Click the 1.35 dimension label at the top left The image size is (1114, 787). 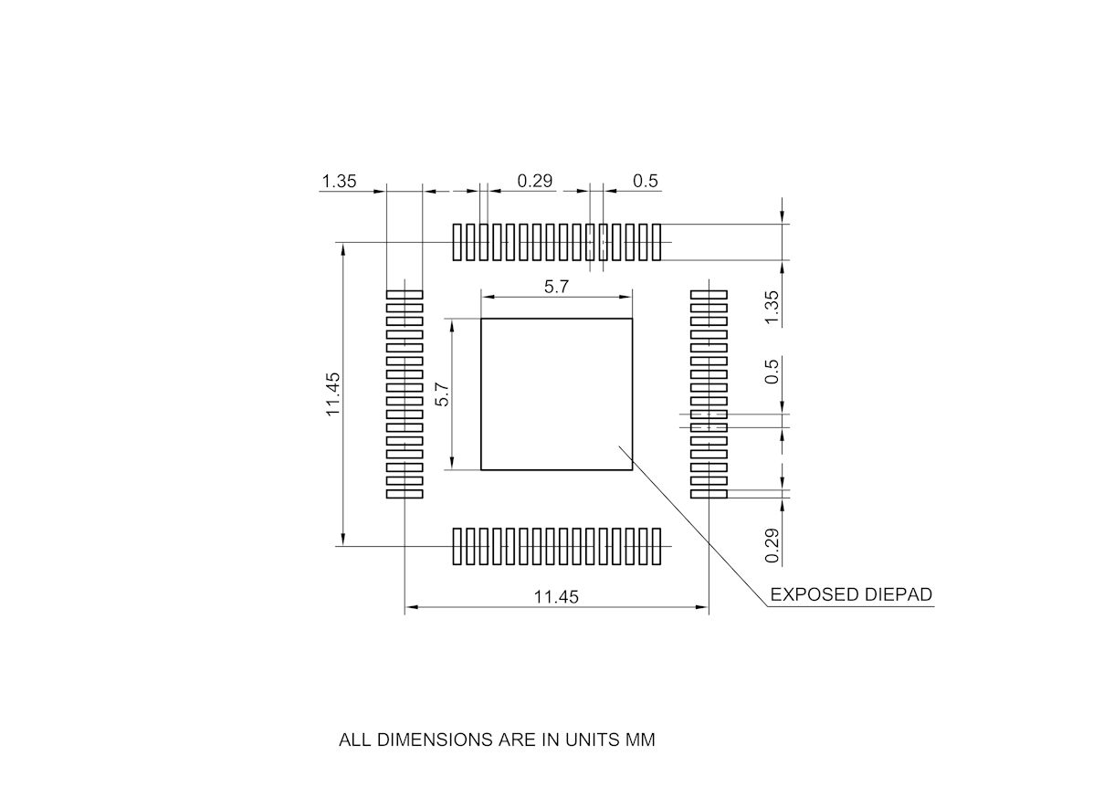pos(338,181)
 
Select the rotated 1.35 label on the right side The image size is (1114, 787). pos(772,307)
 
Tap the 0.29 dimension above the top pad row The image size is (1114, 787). pos(535,181)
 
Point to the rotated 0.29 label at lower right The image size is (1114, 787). pos(772,545)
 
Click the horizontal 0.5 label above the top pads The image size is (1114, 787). pos(645,181)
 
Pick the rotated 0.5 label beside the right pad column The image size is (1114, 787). pos(772,371)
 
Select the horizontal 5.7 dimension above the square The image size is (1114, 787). pos(556,287)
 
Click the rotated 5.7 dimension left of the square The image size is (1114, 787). pos(443,393)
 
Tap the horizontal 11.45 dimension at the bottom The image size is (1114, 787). pos(556,597)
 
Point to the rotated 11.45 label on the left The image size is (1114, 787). pos(333,393)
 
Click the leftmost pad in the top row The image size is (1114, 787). pos(457,242)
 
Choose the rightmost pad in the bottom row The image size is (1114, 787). pos(657,546)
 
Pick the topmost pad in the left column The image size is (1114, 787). pos(405,294)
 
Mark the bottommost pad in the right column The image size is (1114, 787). pos(709,494)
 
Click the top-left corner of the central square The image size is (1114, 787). pos(481,319)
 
